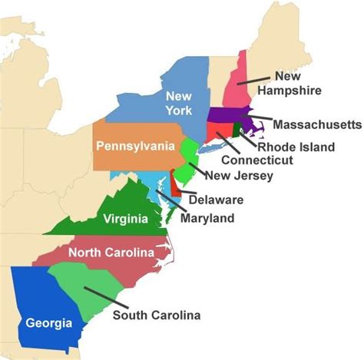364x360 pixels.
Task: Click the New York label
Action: point(177,104)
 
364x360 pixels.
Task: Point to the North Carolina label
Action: point(109,253)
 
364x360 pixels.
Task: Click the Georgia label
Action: point(45,322)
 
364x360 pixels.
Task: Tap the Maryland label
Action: point(207,219)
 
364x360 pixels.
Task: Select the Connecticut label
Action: point(256,160)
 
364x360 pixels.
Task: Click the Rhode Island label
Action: point(296,146)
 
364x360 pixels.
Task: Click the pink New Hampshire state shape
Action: point(230,92)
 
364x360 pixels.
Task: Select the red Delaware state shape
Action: point(174,185)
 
